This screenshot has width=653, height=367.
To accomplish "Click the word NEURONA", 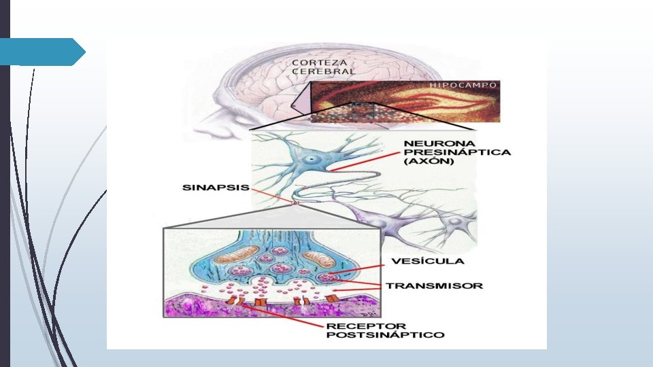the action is click(x=431, y=144).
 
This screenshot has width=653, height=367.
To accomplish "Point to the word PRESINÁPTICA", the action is click(x=448, y=153).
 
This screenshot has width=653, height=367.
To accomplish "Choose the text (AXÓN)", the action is click(x=426, y=162).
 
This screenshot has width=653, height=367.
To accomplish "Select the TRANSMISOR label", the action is click(x=434, y=285).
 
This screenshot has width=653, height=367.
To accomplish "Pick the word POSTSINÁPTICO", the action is click(x=386, y=334).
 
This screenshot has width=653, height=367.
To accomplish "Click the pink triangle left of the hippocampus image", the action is click(x=300, y=102).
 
